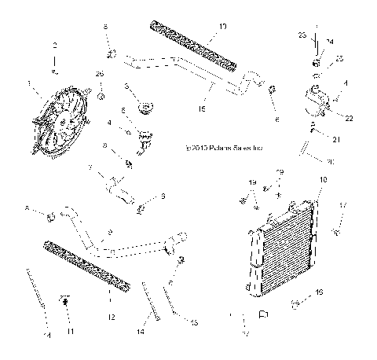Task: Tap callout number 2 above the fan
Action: click(x=54, y=46)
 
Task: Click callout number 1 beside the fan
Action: click(x=29, y=83)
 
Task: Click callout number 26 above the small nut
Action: click(x=100, y=74)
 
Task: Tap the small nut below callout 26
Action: click(x=102, y=96)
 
